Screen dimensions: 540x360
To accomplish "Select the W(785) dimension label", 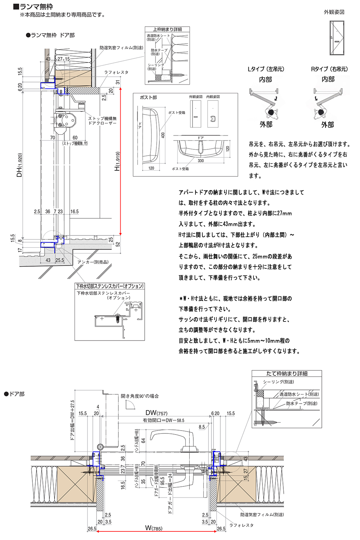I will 154,528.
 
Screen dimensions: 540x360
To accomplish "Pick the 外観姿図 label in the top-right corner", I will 334,12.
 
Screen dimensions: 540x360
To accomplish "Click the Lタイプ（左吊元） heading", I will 266,69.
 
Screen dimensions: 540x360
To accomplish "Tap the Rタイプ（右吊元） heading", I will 329,69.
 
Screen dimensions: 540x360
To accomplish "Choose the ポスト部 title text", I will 148,97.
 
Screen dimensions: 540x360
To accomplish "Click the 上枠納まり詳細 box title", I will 167,29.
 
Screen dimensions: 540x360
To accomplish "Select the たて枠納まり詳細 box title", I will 287,373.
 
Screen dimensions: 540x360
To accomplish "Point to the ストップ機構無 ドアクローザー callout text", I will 103,121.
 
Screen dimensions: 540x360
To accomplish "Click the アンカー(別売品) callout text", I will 93,262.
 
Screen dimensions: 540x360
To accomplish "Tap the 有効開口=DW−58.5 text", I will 163,420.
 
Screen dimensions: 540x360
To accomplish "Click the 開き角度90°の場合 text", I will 140,396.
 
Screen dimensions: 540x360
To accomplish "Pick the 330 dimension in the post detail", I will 201,161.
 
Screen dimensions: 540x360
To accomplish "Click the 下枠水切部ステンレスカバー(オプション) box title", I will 110,286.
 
